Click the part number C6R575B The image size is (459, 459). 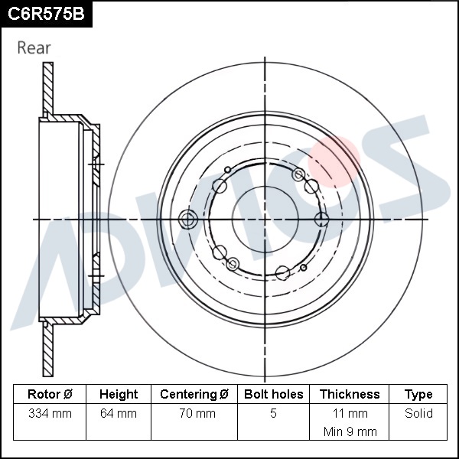coord(46,14)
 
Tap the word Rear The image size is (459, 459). coord(34,47)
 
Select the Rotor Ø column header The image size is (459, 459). coord(50,394)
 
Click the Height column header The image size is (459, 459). coord(119,394)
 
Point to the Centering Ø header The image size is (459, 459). coord(194,394)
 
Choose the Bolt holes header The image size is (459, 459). coord(273,394)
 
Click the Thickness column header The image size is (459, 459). coord(350,394)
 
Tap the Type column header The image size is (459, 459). coord(418,395)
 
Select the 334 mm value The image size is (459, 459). coord(50,413)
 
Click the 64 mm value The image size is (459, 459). coord(119,413)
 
